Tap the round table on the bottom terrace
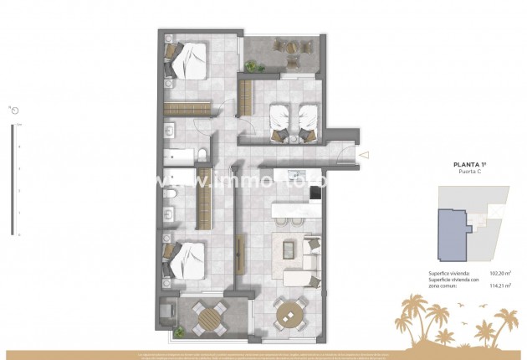(210, 316)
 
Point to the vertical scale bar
(12, 180)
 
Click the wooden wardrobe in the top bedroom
(189, 106)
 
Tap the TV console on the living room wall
(242, 255)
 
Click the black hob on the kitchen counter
(315, 194)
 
